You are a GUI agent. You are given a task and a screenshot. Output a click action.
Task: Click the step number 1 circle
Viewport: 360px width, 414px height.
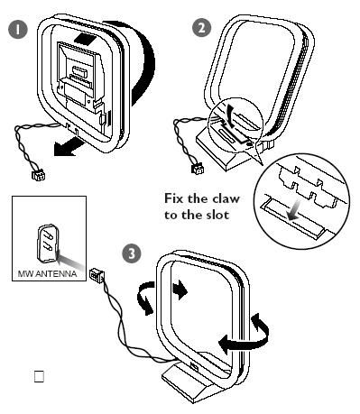click(x=18, y=30)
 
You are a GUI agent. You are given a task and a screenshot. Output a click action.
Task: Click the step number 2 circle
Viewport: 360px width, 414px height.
click(x=201, y=27)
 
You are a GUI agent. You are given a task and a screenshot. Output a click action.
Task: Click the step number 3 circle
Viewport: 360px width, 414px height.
click(x=132, y=253)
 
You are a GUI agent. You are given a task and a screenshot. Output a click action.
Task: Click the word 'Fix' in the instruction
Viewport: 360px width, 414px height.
click(x=173, y=198)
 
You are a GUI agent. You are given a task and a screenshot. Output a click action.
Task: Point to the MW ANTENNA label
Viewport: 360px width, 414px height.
click(x=47, y=274)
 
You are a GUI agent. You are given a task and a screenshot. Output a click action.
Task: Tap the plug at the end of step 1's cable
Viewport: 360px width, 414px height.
click(x=39, y=175)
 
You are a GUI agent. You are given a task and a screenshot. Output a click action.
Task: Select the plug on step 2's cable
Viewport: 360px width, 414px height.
click(x=198, y=169)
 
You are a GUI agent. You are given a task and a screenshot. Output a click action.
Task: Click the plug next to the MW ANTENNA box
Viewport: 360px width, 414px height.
click(x=97, y=274)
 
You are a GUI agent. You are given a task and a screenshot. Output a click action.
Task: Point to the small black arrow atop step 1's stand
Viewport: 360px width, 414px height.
click(x=86, y=38)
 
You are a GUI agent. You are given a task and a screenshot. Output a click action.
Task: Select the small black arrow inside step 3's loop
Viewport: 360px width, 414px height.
click(x=180, y=290)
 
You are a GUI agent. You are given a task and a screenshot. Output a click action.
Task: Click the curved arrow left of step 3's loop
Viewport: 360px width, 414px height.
click(x=145, y=298)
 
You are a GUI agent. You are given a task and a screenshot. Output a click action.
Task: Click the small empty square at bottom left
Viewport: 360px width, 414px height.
click(x=39, y=376)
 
